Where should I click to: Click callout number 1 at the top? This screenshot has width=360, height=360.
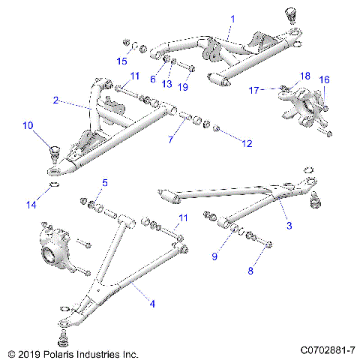pos(211,17)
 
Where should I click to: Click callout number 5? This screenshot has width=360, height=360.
pos(105,183)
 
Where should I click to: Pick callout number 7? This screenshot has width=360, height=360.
pos(172,140)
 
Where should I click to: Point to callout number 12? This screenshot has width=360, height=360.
pos(245,142)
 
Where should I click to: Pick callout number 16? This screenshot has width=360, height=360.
pos(325,79)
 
